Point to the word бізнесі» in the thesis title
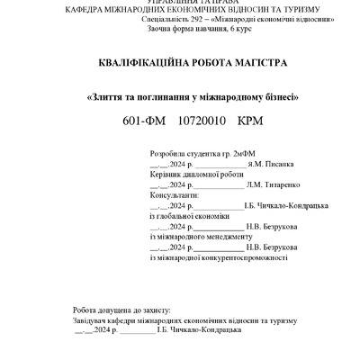[x=274, y=95]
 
